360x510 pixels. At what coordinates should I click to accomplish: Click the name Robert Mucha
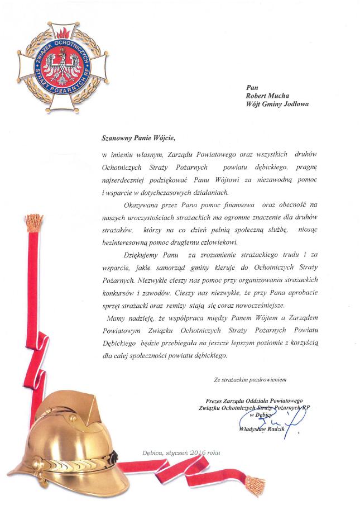point(267,96)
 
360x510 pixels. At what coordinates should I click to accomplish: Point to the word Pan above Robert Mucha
point(252,87)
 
